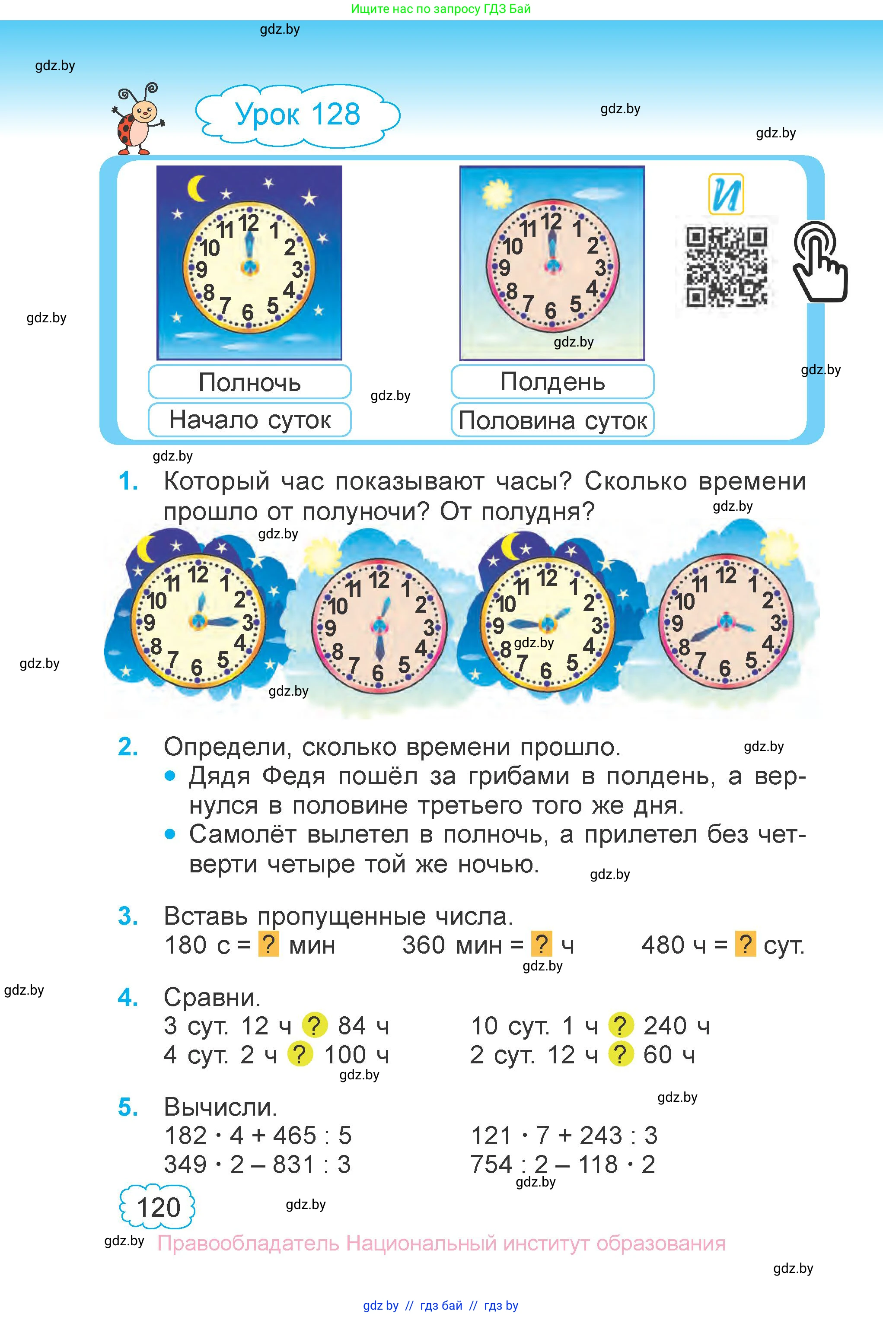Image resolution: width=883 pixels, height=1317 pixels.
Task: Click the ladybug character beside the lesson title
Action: (x=137, y=120)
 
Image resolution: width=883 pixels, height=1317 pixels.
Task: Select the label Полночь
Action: (x=249, y=382)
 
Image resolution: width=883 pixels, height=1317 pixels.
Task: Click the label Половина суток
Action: (x=552, y=420)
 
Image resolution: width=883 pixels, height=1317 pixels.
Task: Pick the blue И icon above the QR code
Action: (x=726, y=194)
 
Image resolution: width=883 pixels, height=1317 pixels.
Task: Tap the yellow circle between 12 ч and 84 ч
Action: (x=315, y=1025)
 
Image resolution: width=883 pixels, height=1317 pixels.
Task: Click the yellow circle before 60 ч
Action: (x=621, y=1054)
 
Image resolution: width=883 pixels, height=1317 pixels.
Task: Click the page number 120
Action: (x=158, y=1207)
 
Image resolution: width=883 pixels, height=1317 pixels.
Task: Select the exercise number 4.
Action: (x=128, y=997)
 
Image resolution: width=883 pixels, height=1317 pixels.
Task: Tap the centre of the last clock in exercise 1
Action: (x=726, y=621)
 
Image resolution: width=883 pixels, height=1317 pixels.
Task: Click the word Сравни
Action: (x=212, y=997)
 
